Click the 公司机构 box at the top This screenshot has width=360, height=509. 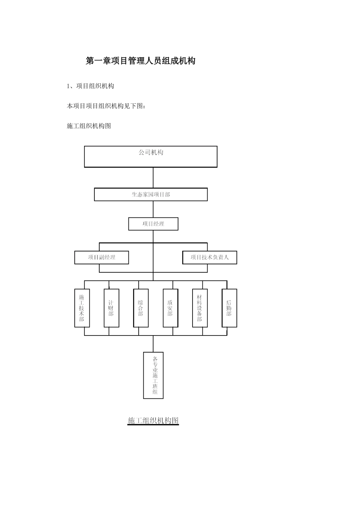150,156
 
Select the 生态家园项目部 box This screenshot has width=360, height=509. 150,194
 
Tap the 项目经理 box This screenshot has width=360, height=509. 153,224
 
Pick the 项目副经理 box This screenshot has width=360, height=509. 102,258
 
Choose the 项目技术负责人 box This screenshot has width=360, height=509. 210,258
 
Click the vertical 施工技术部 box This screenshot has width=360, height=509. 82,308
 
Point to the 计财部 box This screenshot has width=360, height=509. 111,308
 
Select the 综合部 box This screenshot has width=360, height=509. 141,308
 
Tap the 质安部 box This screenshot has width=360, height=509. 170,308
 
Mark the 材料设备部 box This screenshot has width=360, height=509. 200,308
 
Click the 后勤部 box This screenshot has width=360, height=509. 229,308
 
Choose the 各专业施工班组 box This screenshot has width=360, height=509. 153,375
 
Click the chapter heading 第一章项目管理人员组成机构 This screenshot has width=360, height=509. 141,61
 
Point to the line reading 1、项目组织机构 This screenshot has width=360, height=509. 90,86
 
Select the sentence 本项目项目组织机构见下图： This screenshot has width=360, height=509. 106,106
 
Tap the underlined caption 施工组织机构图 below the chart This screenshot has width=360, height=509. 153,420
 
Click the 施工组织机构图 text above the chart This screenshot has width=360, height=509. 89,126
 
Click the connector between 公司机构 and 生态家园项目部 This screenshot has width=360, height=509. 153,177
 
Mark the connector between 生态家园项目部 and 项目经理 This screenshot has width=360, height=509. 153,209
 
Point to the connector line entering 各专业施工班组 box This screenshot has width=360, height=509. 153,344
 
